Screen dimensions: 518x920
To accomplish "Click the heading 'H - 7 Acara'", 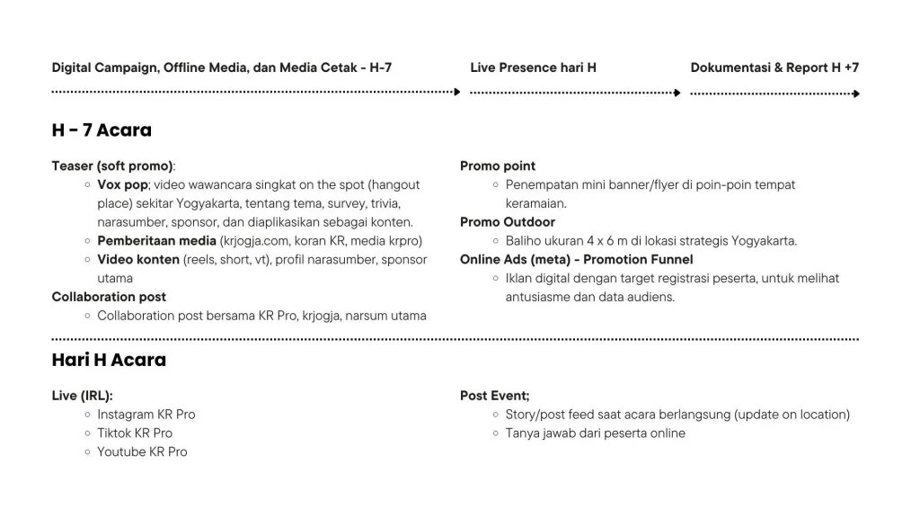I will tap(102, 130).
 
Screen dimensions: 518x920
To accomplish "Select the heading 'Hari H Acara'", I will tap(109, 361).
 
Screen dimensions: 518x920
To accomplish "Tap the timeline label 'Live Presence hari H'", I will tap(533, 67).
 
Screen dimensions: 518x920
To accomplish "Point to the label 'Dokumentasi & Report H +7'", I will tap(774, 67).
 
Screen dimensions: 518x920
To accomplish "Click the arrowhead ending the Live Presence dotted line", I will tap(678, 92).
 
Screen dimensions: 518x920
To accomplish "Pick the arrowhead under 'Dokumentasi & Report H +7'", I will tap(856, 94).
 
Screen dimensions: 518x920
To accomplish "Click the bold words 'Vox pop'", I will tap(122, 184).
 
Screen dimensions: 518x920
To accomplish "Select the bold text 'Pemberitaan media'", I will tap(156, 240).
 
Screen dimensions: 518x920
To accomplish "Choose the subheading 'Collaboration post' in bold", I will tap(109, 297).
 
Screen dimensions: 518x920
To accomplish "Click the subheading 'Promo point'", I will tap(498, 165).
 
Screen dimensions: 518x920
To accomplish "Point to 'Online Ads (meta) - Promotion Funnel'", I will tap(576, 260).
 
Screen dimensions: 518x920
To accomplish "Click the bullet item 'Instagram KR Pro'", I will tap(146, 415).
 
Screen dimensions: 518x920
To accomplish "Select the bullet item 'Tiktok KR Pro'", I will tap(135, 433).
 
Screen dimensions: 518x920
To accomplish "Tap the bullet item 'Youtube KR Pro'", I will tap(142, 452).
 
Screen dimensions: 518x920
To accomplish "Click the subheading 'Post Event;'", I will tap(495, 396).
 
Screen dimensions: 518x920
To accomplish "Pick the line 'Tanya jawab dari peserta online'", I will tap(595, 433).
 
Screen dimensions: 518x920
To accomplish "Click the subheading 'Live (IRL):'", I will tap(83, 396).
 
